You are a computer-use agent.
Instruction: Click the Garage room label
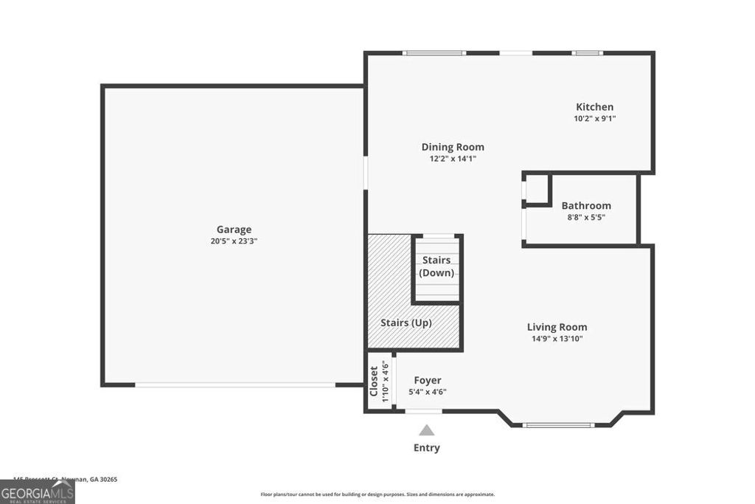[234, 229]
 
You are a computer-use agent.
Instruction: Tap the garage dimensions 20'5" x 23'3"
[234, 241]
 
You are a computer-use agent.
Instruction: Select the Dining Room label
[453, 147]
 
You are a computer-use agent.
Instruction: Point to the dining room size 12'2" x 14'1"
[453, 159]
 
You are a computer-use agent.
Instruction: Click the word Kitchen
[594, 107]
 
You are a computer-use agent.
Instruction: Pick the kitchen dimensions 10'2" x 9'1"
[594, 119]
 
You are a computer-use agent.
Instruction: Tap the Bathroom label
[586, 206]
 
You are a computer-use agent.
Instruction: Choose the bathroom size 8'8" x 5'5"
[586, 218]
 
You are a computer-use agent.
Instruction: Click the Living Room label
[557, 327]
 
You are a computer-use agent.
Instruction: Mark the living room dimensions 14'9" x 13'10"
[557, 339]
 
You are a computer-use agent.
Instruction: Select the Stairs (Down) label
[437, 266]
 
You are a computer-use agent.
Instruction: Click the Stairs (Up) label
[406, 323]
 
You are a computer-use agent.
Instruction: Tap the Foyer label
[428, 381]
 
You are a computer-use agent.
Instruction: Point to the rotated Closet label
[374, 381]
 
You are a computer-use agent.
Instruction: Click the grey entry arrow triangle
[426, 430]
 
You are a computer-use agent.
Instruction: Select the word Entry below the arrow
[426, 448]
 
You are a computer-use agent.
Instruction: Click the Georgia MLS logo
[37, 491]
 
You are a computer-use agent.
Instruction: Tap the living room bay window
[558, 425]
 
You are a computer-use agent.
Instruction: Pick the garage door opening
[234, 384]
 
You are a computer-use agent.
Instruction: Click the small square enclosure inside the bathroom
[537, 189]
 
